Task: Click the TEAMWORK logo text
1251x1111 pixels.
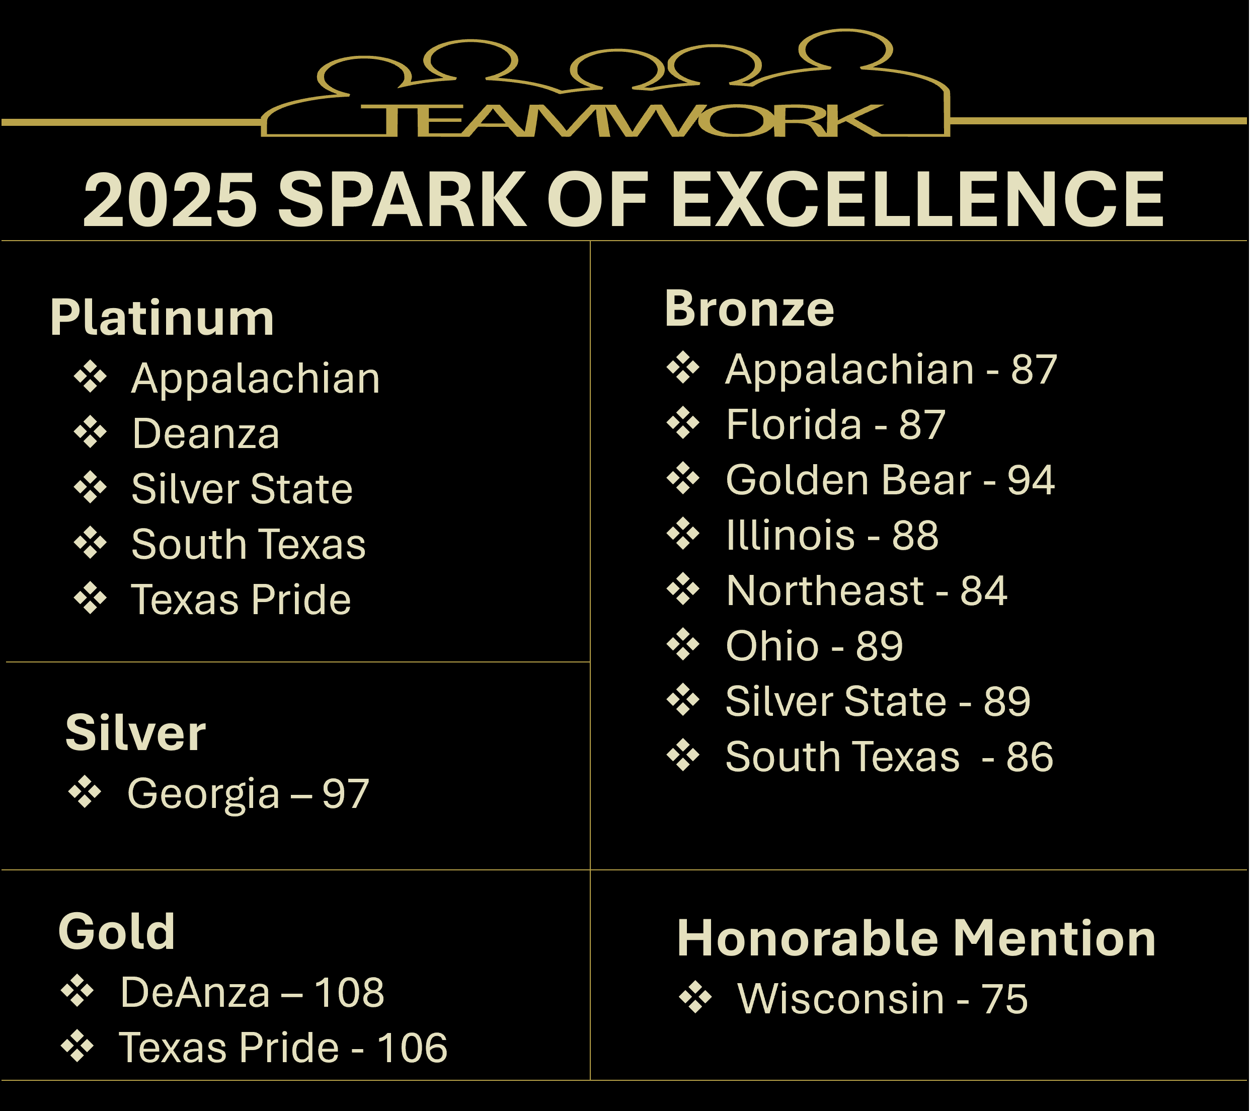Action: point(621,121)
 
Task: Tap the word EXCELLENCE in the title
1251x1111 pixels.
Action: point(917,200)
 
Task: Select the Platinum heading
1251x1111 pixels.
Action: point(162,318)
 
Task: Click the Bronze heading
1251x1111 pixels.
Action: point(749,309)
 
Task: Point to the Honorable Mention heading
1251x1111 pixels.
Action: point(916,938)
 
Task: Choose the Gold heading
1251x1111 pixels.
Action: point(117,931)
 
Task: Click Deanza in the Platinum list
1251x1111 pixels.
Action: point(206,434)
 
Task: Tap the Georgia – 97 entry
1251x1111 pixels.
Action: point(248,794)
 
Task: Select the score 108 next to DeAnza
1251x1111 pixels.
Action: point(349,992)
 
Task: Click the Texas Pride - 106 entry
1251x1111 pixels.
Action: point(283,1048)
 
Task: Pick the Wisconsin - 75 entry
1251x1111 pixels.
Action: point(883,999)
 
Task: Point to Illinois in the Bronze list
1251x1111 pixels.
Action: point(790,536)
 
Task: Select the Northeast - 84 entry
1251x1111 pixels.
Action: point(867,590)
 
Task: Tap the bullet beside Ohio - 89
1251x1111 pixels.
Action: point(683,644)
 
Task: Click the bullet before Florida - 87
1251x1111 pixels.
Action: point(683,423)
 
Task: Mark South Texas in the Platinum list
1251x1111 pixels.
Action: point(249,544)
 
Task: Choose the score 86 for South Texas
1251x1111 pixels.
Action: point(1030,757)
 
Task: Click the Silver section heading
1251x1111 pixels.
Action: point(136,733)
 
